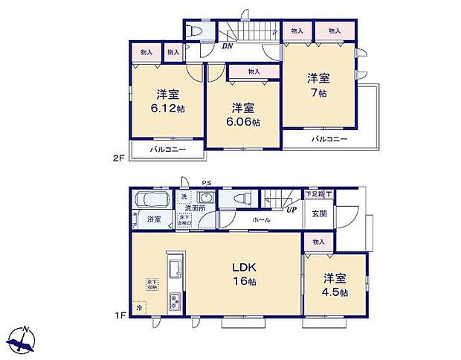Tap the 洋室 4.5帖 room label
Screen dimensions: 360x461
(x=334, y=285)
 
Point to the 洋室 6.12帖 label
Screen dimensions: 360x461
(x=169, y=101)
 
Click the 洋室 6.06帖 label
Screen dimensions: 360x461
(x=243, y=114)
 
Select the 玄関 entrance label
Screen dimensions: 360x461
(x=319, y=214)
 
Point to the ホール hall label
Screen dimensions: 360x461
(x=261, y=220)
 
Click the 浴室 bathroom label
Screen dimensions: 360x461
(x=154, y=219)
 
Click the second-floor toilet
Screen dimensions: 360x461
(x=196, y=31)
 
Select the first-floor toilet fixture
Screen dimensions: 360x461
(x=241, y=199)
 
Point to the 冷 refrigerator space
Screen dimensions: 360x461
(x=138, y=306)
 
